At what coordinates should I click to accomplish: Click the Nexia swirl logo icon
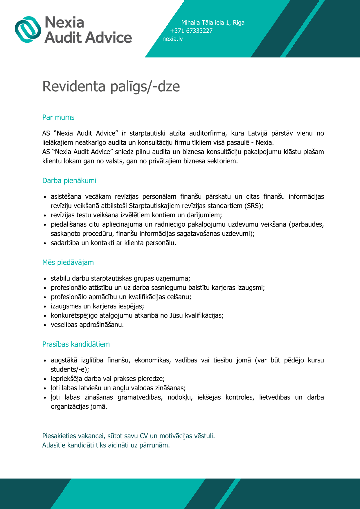28,29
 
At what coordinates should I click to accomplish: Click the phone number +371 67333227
191,31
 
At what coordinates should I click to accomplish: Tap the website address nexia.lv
172,39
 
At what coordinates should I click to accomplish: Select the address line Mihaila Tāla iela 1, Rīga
213,23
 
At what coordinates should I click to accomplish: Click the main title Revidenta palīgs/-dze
111,86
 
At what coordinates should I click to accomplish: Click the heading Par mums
58,117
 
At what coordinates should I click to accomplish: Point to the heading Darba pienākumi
69,181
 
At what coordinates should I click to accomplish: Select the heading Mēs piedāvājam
68,262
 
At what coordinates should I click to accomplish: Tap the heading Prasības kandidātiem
76,344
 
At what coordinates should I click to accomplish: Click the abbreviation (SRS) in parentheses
253,206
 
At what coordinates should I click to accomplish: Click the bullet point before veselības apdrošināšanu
45,325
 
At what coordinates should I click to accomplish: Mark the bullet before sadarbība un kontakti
45,243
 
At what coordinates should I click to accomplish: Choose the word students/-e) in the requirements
70,369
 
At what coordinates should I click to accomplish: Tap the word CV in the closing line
144,436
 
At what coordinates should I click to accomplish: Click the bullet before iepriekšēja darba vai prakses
45,379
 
